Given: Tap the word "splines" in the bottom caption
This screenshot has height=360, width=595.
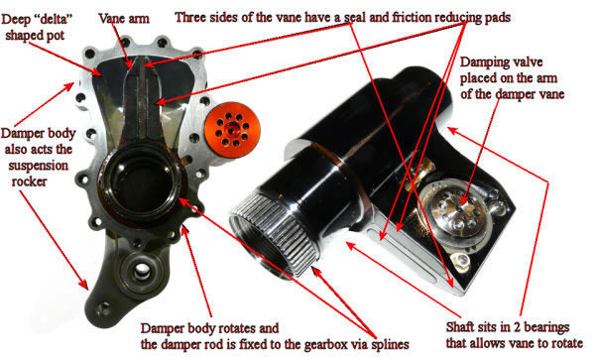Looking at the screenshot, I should [x=386, y=345].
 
